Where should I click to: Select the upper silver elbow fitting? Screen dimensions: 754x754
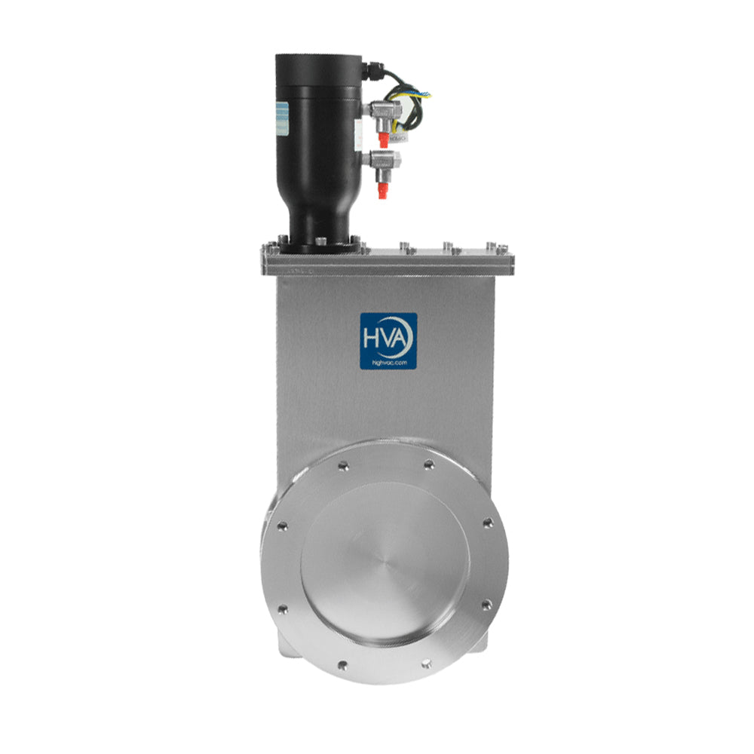pos(380,112)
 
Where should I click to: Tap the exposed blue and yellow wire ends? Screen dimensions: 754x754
pos(425,95)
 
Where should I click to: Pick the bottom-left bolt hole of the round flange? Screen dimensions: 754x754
pos(342,665)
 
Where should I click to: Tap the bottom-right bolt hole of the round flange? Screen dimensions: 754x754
pos(428,664)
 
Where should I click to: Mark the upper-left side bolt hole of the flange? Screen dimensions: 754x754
pos(282,526)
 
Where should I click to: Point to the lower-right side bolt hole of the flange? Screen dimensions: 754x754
pos(486,603)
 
